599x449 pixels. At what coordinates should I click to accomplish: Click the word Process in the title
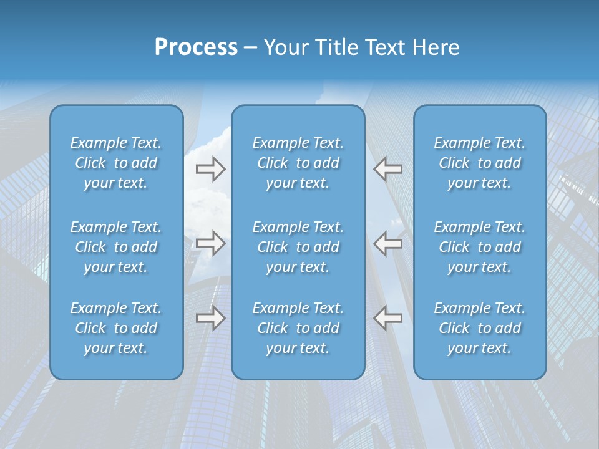[x=196, y=47]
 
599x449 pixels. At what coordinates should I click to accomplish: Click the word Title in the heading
[x=338, y=47]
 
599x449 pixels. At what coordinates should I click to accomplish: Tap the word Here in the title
[x=436, y=47]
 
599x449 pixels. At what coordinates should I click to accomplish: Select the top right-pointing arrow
[x=210, y=168]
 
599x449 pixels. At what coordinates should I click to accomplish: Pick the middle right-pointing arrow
[x=210, y=243]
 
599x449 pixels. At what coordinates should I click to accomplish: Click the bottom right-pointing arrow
[x=210, y=318]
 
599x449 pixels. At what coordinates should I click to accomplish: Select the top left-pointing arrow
[x=387, y=168]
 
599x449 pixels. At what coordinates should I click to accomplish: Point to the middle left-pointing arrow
[x=387, y=243]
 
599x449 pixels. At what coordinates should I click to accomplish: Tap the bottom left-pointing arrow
[x=387, y=318]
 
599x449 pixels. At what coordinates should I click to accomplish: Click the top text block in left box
[x=116, y=163]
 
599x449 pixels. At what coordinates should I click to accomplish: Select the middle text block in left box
[x=116, y=247]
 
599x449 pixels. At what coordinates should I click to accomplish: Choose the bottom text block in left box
[x=116, y=328]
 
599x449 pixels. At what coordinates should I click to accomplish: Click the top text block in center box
[x=298, y=163]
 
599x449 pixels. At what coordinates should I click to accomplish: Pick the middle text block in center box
[x=298, y=247]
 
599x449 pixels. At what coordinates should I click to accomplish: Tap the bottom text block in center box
[x=298, y=328]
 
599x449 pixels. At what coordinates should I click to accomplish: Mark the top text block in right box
[x=480, y=163]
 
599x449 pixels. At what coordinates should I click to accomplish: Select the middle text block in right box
[x=480, y=247]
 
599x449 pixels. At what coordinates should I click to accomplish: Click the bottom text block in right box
[x=480, y=328]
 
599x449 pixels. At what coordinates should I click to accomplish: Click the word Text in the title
[x=386, y=47]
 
